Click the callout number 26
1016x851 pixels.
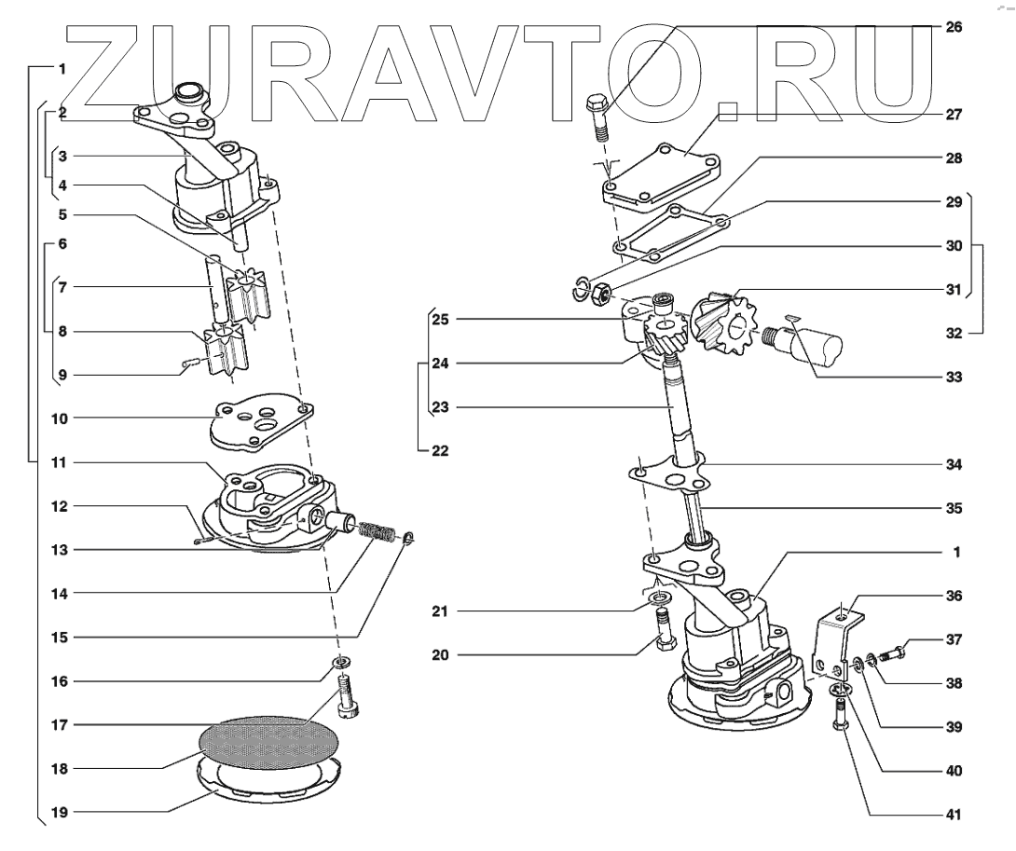[x=953, y=27]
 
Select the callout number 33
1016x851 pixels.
[x=953, y=378]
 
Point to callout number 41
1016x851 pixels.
[x=953, y=812]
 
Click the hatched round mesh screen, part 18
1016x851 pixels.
[x=268, y=744]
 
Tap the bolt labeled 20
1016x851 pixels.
[x=663, y=634]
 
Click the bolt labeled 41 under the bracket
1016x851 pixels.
[x=842, y=718]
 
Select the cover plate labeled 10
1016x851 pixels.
[x=261, y=424]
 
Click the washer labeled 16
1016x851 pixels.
[x=342, y=664]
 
